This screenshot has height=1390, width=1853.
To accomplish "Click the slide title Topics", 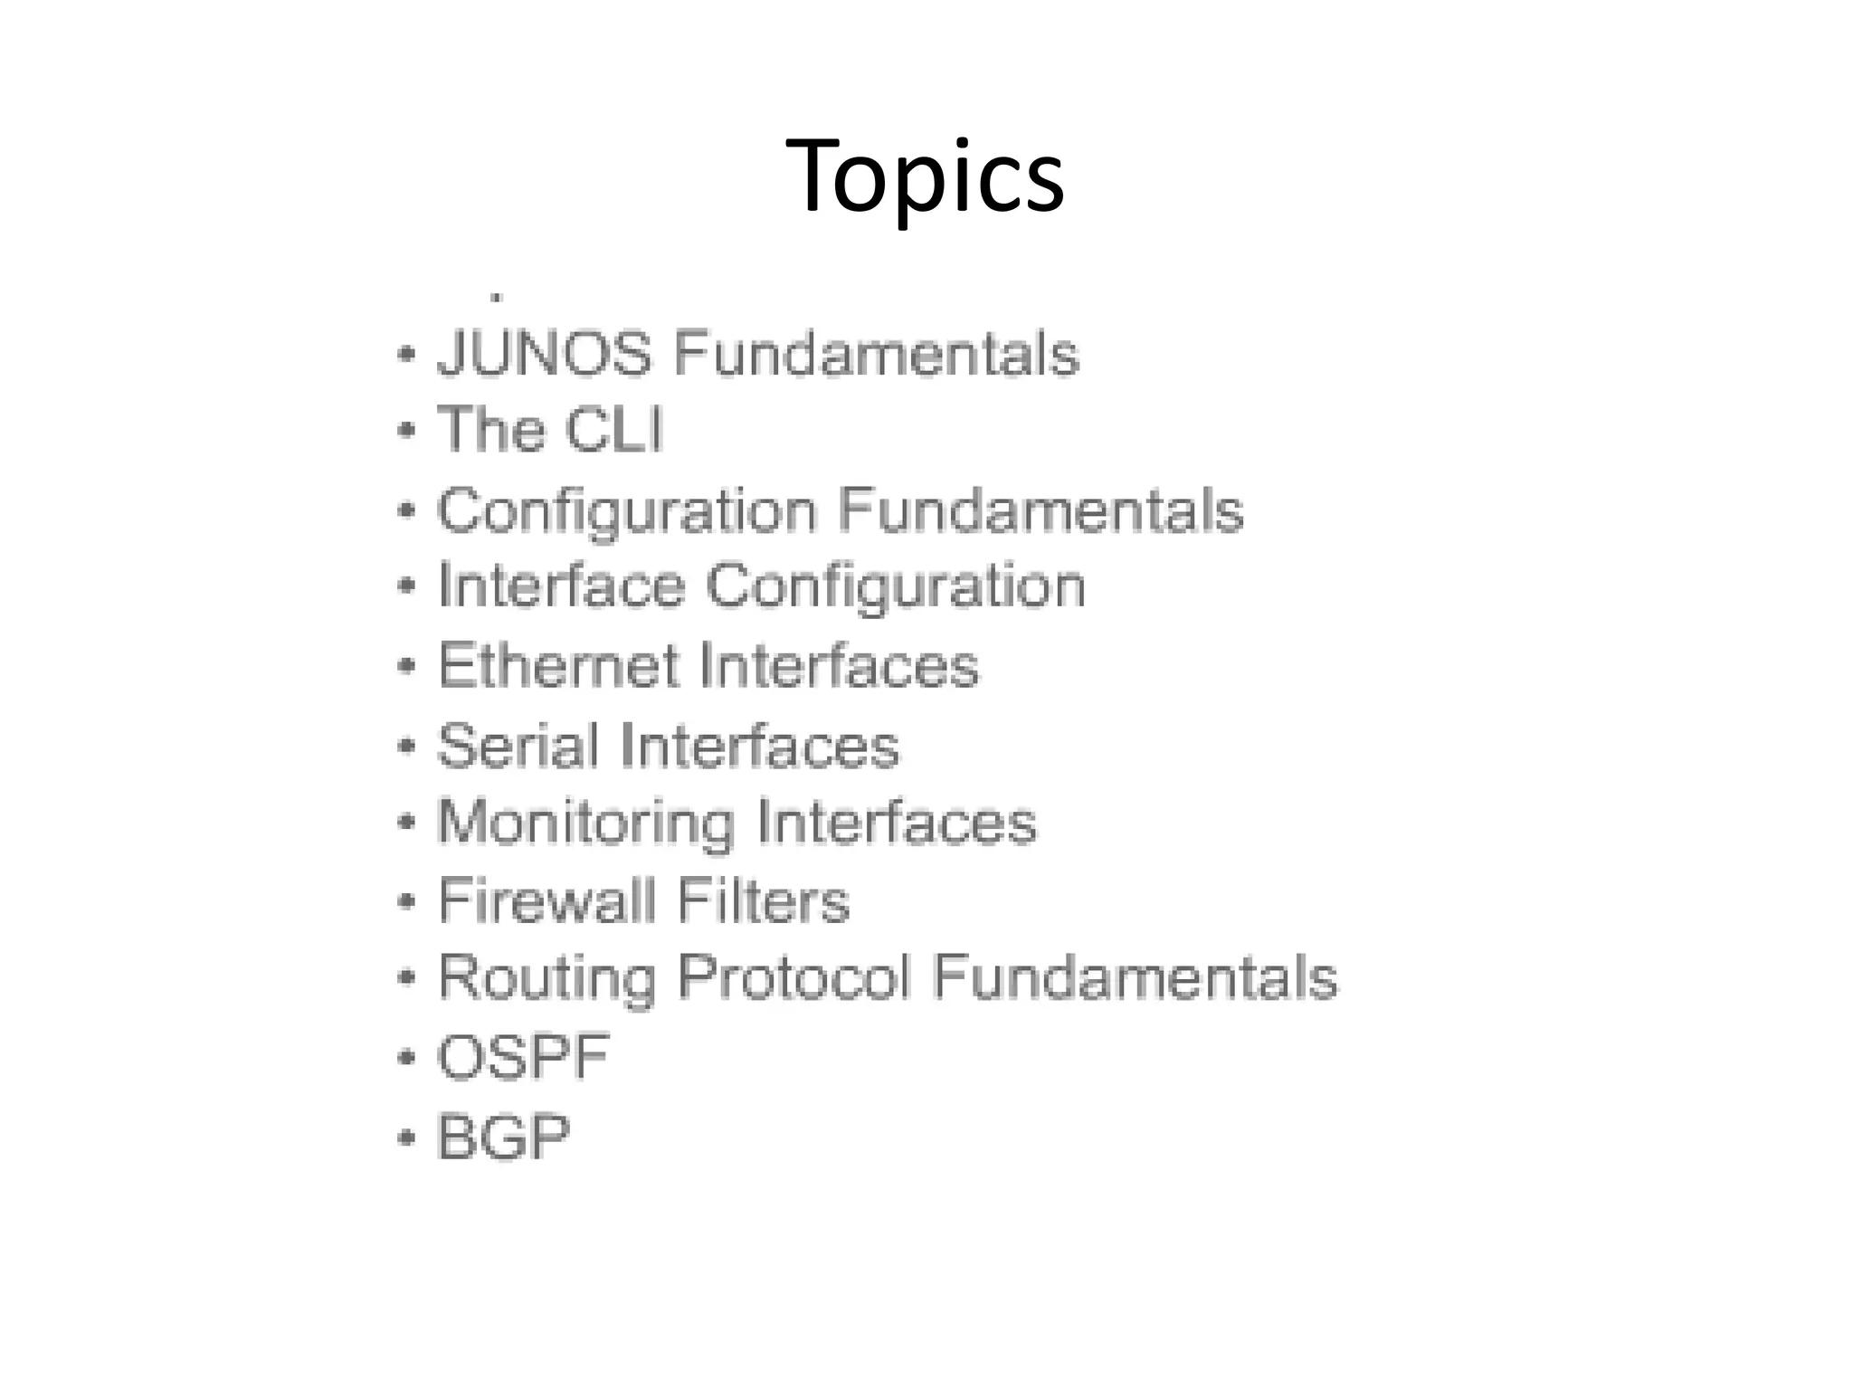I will pos(925,176).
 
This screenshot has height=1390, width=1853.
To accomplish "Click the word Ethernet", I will pos(558,666).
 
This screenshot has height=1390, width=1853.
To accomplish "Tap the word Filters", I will pos(764,900).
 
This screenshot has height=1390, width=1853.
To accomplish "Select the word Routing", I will pos(546,978).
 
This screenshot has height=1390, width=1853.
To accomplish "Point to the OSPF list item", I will pos(523,1056).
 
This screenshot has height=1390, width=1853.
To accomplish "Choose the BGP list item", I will pos(504,1137).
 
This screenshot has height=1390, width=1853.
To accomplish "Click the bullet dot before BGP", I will pos(406,1137).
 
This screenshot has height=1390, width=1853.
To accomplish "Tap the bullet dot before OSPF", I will pos(406,1057).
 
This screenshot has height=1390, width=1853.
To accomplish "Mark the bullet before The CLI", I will pos(406,430).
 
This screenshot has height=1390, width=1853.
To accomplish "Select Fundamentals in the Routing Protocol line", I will pos(1135,978).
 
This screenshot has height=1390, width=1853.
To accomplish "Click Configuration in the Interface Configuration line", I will pos(895,587).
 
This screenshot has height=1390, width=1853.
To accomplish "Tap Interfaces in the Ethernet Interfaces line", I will pos(839,666).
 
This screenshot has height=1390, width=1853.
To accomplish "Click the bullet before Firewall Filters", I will pos(406,901).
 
